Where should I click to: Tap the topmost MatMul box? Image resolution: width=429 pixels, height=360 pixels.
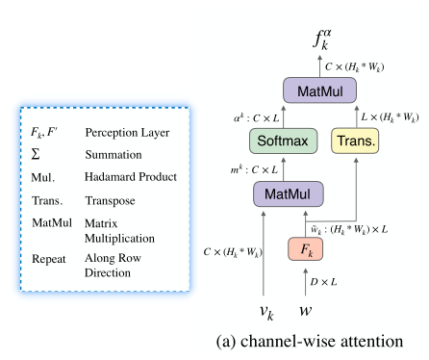[319, 91]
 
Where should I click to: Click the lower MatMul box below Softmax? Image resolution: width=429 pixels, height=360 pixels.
[288, 194]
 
